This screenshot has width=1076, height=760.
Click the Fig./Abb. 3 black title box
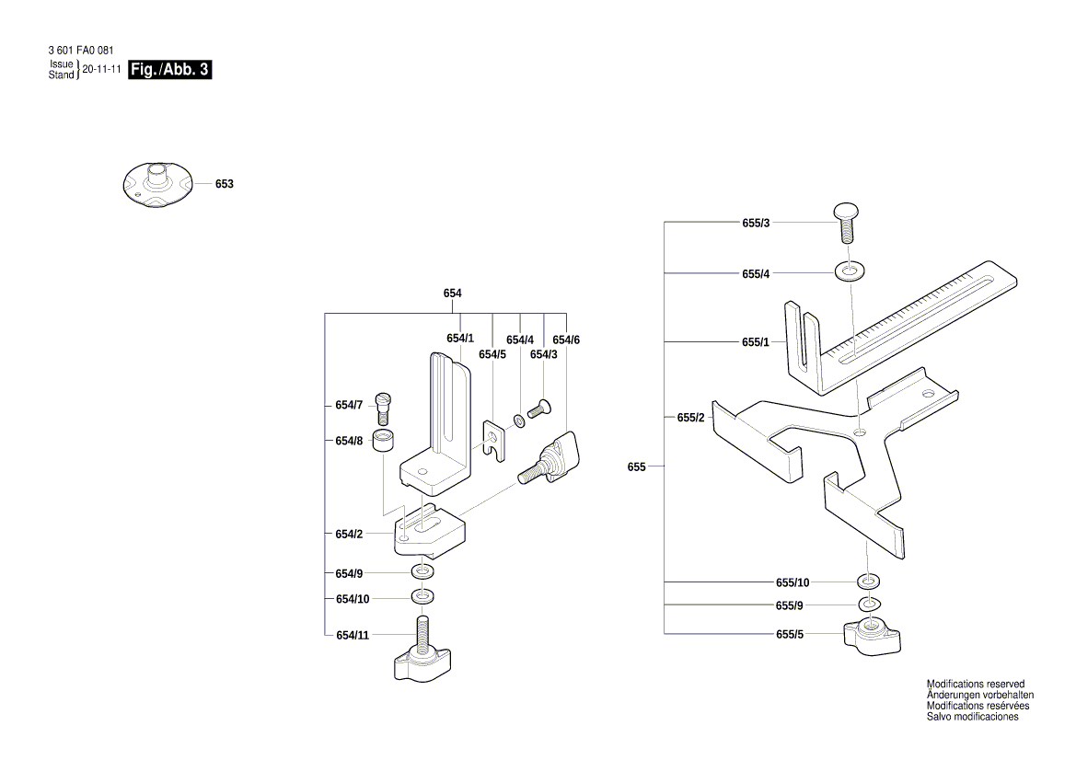pos(171,70)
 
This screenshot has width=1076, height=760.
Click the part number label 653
pos(225,184)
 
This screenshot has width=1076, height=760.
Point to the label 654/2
pos(349,534)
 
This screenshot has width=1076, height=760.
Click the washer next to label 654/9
pos(423,573)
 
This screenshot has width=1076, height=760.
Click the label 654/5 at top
pos(492,354)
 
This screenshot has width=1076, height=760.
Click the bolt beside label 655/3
pos(848,222)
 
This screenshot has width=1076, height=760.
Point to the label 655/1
pos(755,342)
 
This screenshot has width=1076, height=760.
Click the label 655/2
pos(690,418)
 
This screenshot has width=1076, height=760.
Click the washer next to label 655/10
pos(868,582)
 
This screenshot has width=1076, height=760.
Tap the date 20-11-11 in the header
pos(102,70)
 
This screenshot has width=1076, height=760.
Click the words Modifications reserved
pos(975,685)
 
